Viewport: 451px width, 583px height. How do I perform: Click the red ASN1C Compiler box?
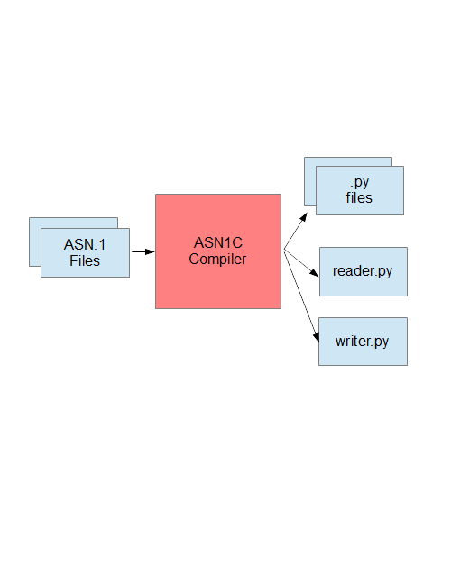click(x=218, y=251)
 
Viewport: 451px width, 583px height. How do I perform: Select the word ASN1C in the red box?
click(x=218, y=242)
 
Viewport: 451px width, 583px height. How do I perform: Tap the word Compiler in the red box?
click(x=217, y=260)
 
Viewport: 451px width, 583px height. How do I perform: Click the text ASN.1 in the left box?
click(x=85, y=245)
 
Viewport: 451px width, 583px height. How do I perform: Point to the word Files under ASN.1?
click(x=85, y=260)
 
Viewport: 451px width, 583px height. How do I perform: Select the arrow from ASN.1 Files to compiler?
click(x=143, y=251)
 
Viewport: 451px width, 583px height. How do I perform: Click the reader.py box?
click(x=364, y=271)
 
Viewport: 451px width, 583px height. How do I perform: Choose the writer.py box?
click(x=364, y=342)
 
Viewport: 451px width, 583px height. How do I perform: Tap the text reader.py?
click(x=363, y=271)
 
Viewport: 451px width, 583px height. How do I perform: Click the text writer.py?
click(x=362, y=342)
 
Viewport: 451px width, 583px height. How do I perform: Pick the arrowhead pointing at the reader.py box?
click(x=315, y=273)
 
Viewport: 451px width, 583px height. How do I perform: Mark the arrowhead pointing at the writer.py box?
click(x=317, y=337)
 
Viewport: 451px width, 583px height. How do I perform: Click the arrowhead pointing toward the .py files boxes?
click(x=304, y=217)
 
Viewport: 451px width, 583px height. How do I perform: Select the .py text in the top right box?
click(x=360, y=183)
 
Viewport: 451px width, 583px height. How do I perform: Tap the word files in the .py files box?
click(x=359, y=198)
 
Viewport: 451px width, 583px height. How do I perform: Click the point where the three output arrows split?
click(x=284, y=250)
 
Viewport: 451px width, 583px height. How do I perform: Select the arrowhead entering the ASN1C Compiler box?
click(x=150, y=251)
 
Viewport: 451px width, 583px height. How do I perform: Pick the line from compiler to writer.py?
click(x=301, y=296)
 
